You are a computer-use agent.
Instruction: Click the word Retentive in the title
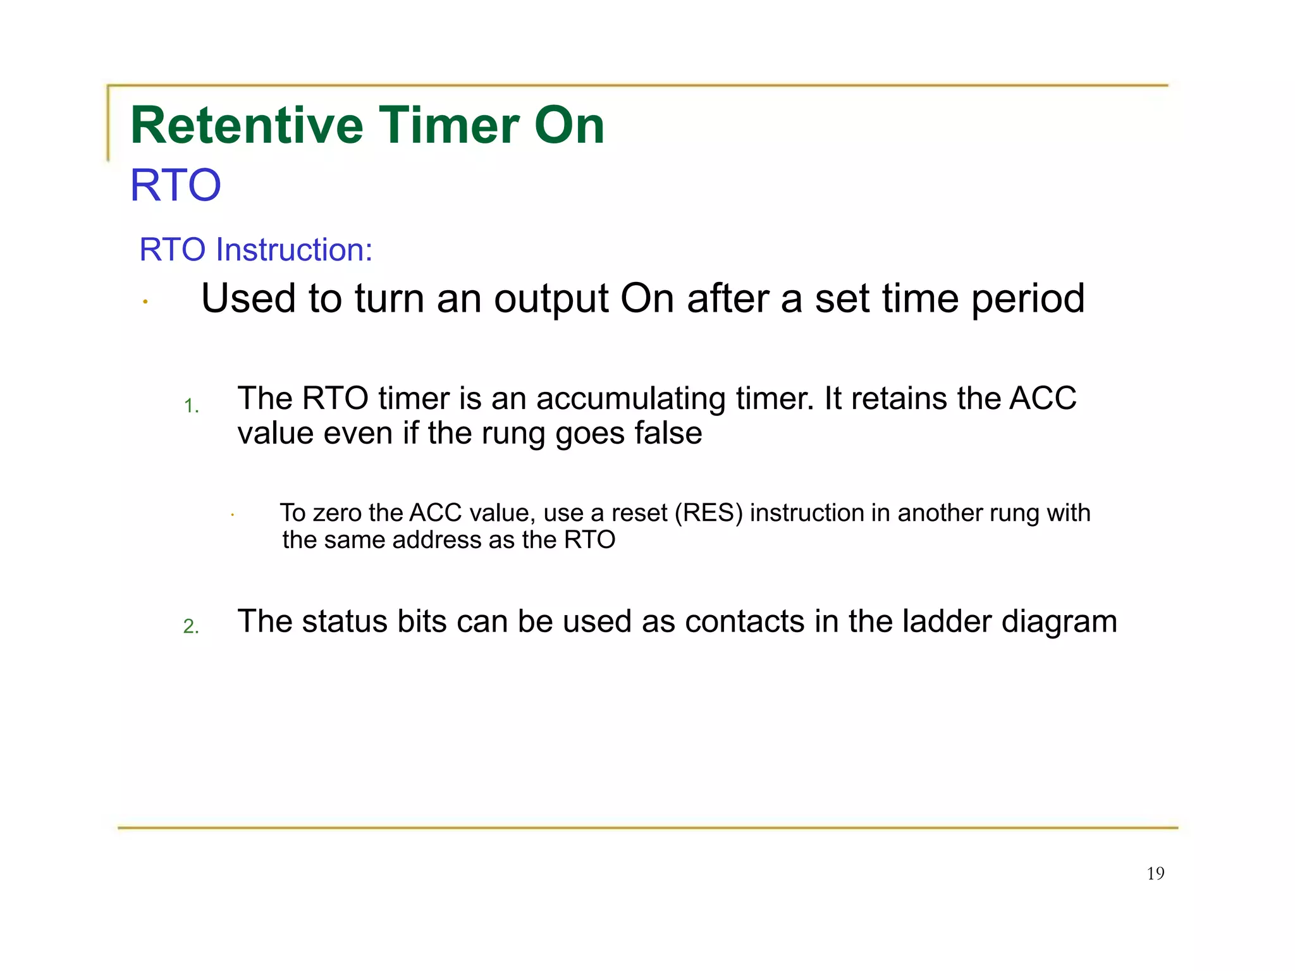coord(246,126)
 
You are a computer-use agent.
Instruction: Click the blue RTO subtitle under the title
coord(175,186)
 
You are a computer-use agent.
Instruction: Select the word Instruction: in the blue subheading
coord(294,250)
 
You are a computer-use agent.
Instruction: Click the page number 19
coord(1155,874)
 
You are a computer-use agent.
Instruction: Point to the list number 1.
coord(191,406)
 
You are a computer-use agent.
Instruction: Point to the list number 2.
coord(191,626)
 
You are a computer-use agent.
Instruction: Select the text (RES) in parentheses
coord(708,513)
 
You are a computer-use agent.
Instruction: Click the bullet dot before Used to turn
coord(145,302)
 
